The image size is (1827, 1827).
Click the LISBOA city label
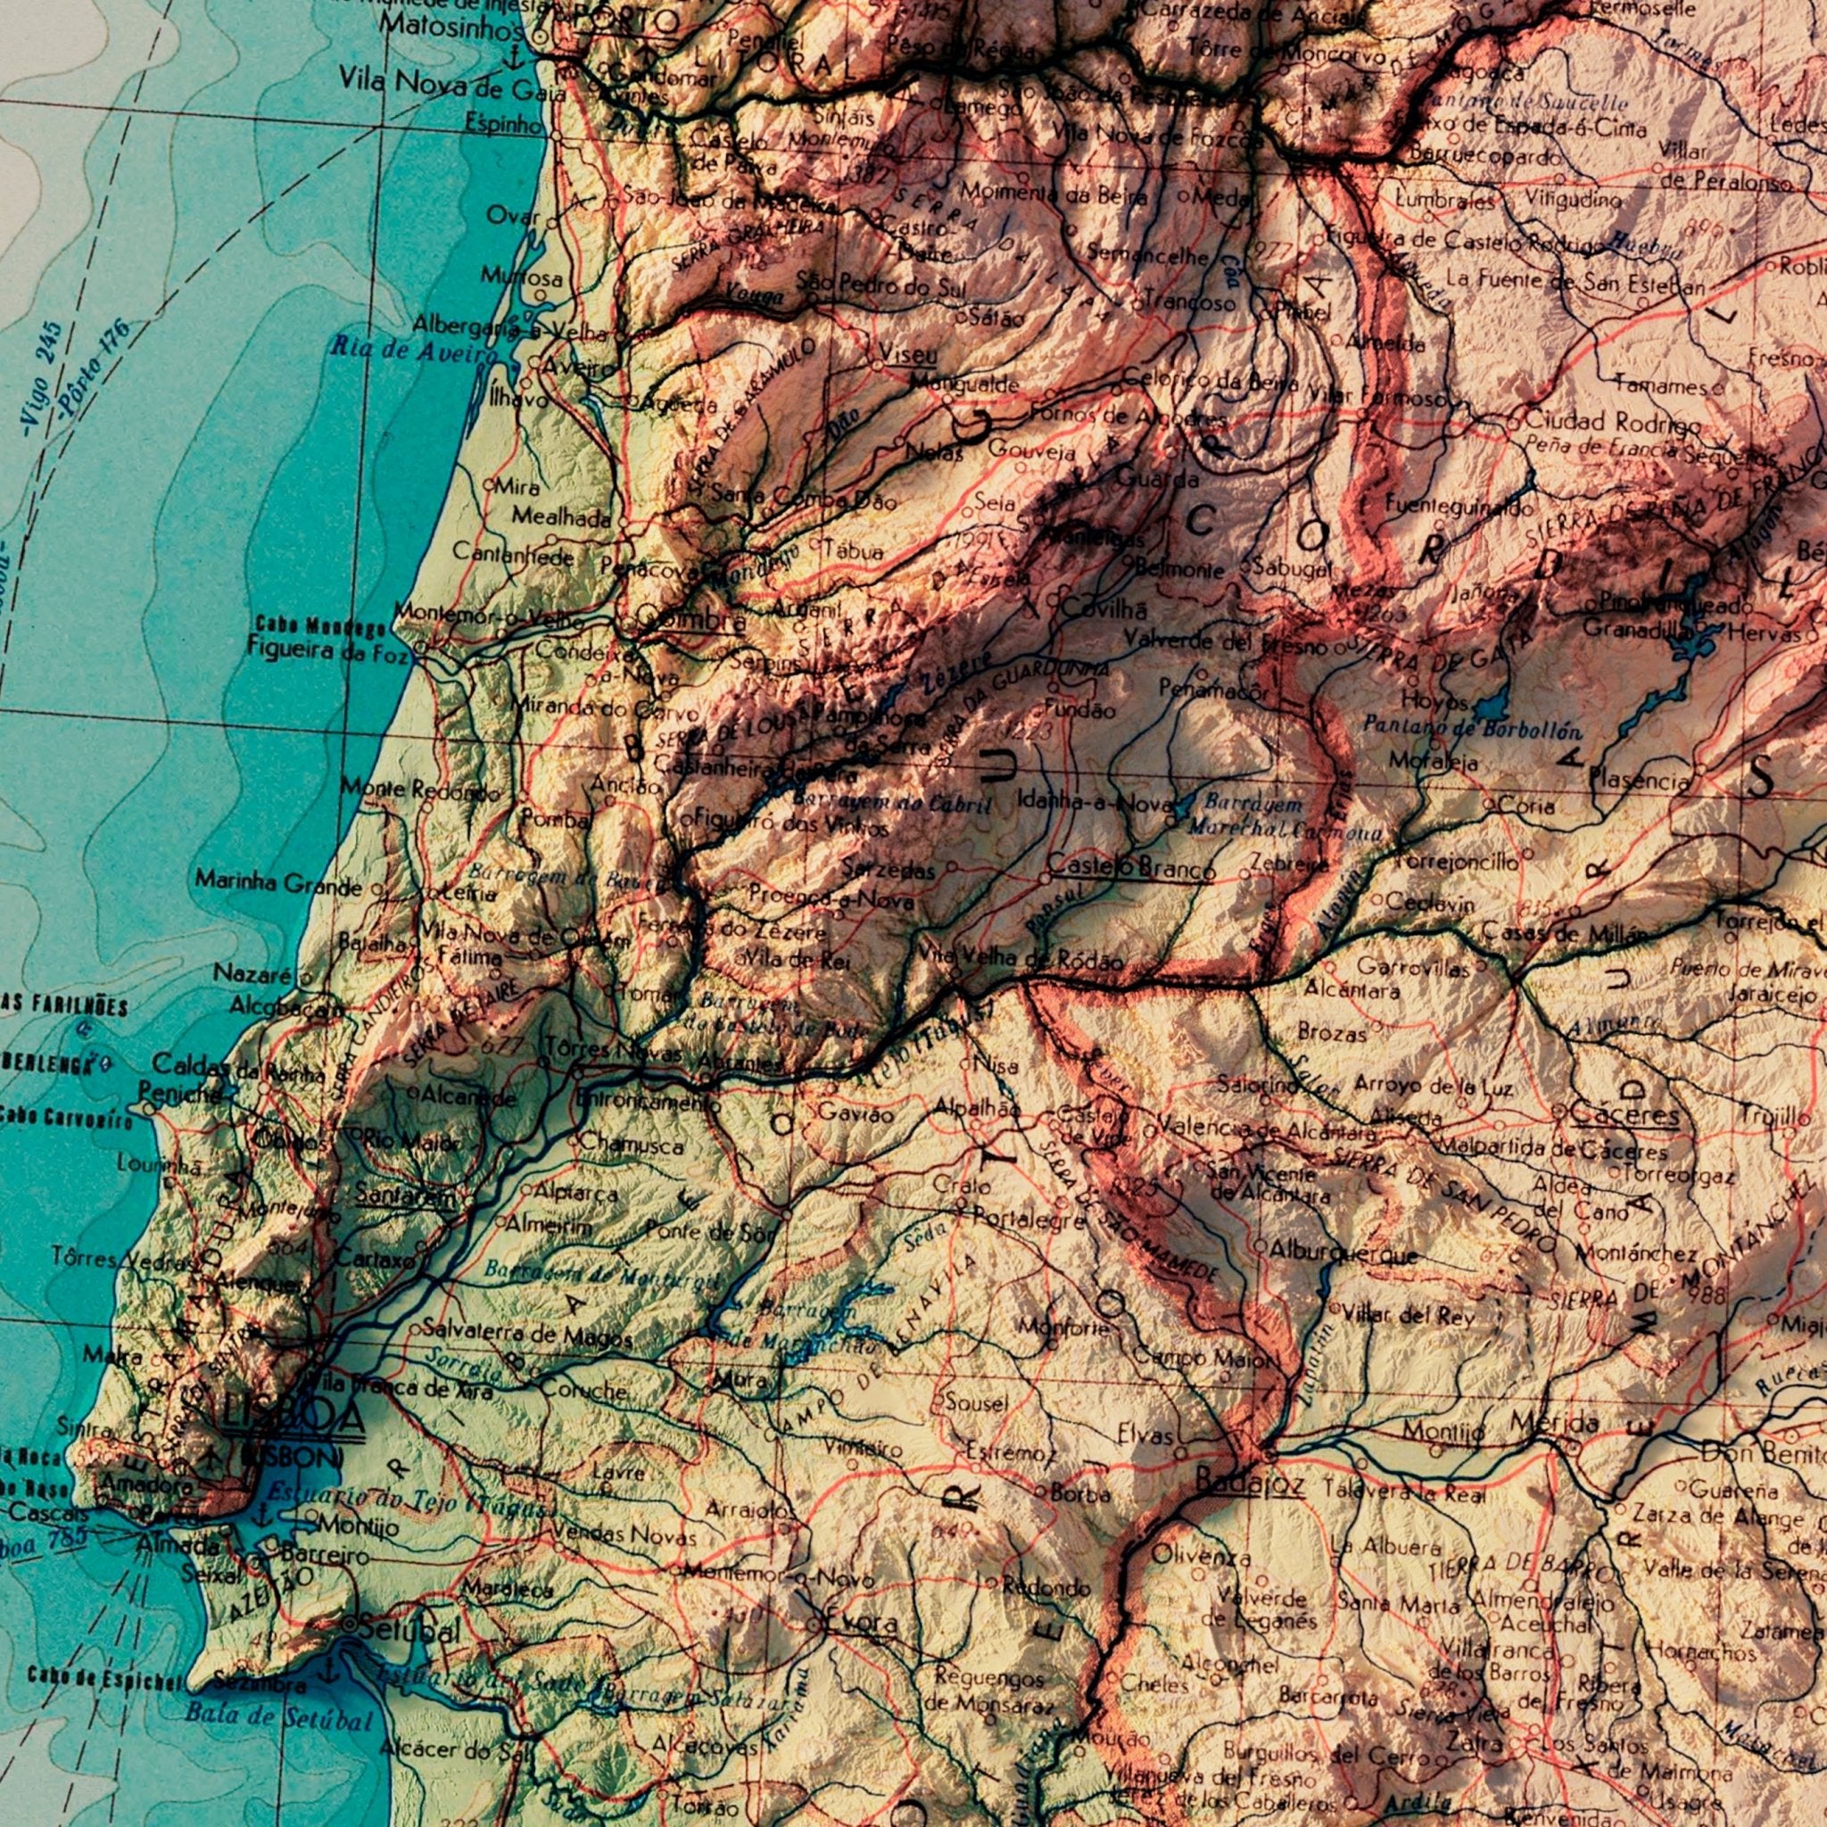click(x=293, y=1416)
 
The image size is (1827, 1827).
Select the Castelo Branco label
click(x=1130, y=866)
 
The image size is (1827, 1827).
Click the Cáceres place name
click(x=1624, y=1113)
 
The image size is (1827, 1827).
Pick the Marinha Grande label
click(x=278, y=883)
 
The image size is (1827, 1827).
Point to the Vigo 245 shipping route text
click(x=42, y=378)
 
